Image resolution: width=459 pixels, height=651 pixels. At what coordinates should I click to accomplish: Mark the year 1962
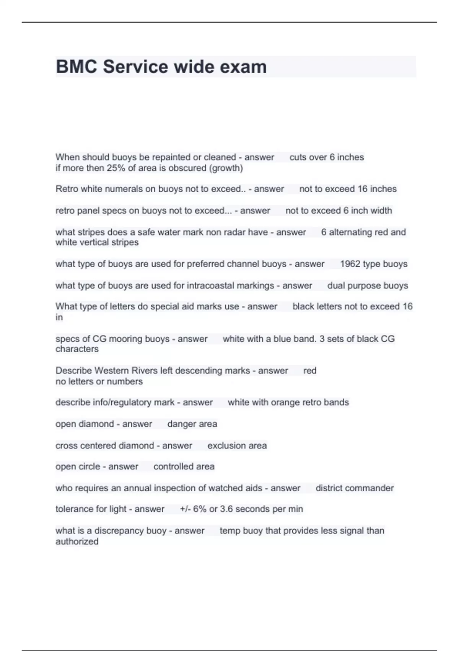tap(350, 264)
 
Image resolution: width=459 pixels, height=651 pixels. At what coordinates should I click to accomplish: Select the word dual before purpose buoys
tap(335, 286)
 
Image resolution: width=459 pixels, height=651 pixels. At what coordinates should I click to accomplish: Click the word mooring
tap(123, 339)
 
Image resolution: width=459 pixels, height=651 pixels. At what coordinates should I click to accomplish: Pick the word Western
tap(111, 371)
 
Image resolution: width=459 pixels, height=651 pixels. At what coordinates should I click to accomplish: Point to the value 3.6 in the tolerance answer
tap(226, 509)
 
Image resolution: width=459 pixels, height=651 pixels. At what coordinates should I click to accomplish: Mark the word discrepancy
tap(130, 531)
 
